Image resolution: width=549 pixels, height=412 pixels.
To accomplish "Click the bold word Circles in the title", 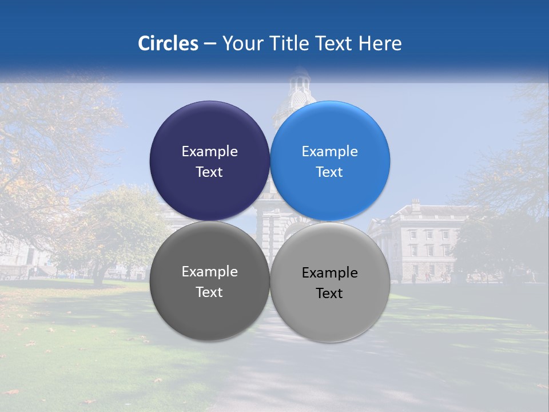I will point(168,43).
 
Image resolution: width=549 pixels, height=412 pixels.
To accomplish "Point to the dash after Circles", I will point(210,44).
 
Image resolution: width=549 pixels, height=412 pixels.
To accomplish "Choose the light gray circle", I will point(330,312).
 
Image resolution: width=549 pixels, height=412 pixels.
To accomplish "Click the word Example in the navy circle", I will point(209,152).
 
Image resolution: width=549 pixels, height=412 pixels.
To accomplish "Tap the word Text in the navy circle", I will point(209,172).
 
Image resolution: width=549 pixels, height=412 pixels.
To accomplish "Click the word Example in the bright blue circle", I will point(329,152).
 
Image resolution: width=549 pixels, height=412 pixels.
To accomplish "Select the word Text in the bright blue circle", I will point(329,172).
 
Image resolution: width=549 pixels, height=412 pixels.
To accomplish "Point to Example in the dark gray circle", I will point(209,272).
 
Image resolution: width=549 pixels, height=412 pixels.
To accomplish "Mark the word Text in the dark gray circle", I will point(209,292).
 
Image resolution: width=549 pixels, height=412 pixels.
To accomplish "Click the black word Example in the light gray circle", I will point(329,273).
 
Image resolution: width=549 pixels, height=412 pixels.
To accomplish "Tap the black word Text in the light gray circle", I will point(329,294).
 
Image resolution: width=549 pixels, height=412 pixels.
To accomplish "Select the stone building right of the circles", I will point(417,240).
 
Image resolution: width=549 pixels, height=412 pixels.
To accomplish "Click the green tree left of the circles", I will point(114,229).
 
